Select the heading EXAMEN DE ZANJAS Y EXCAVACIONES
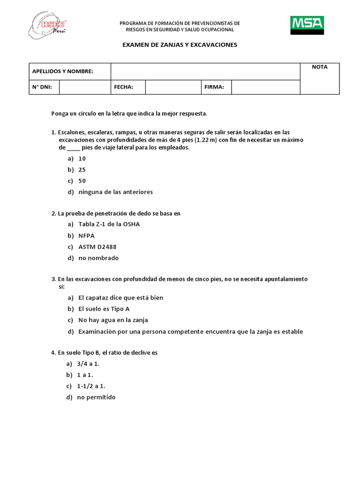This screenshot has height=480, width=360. pyautogui.click(x=180, y=45)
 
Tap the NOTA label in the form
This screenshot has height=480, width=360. pyautogui.click(x=320, y=67)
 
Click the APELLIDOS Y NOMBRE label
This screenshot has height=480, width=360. pyautogui.click(x=62, y=71)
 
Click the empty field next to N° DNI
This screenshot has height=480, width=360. pyautogui.click(x=84, y=87)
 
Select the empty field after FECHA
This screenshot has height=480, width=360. pyautogui.click(x=173, y=87)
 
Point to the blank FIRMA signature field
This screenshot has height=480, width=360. pyautogui.click(x=265, y=87)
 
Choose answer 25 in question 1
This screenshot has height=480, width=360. pyautogui.click(x=82, y=170)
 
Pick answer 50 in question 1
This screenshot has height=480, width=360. pyautogui.click(x=82, y=181)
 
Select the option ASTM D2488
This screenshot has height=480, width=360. pyautogui.click(x=97, y=247)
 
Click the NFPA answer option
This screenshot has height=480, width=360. pyautogui.click(x=86, y=235)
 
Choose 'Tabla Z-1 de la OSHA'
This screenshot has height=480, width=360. pyautogui.click(x=109, y=224)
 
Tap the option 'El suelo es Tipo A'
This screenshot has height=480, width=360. pyautogui.click(x=104, y=309)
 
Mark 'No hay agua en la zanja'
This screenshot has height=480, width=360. pyautogui.click(x=113, y=320)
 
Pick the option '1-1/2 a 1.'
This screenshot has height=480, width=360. pyautogui.click(x=91, y=386)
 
